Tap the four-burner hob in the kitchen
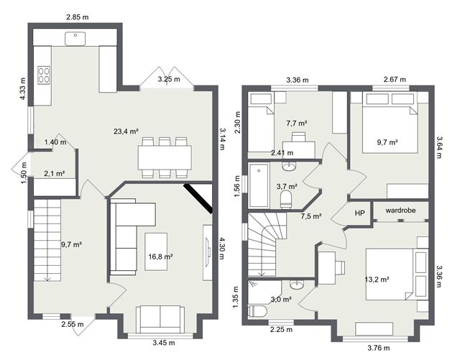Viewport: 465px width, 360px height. tap(43, 74)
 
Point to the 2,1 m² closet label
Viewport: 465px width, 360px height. tap(55, 173)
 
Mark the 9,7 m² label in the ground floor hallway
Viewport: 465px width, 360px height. tap(71, 244)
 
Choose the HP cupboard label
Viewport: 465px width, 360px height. tap(360, 213)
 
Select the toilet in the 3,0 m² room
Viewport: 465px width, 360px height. tap(257, 310)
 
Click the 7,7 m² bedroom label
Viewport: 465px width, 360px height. tap(296, 124)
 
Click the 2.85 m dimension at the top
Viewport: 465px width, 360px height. tap(77, 16)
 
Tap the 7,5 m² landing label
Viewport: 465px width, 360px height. tap(310, 216)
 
